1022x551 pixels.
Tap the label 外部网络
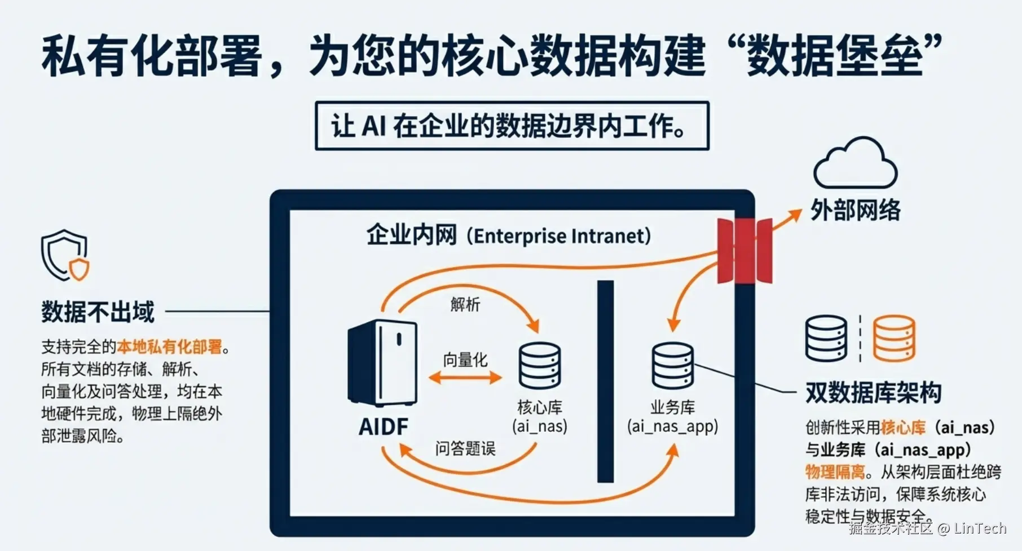click(855, 211)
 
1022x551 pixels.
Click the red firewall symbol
click(744, 251)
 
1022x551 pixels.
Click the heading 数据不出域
click(98, 312)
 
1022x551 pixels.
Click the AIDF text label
click(384, 427)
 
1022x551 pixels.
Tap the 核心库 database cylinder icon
click(539, 365)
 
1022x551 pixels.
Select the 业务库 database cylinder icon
click(672, 365)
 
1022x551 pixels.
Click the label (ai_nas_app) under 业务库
click(672, 426)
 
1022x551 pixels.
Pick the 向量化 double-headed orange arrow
click(465, 377)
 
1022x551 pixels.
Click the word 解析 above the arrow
click(465, 305)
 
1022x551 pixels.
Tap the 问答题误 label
click(465, 449)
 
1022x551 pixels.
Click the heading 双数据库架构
click(873, 392)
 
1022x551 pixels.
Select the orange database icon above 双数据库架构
click(894, 338)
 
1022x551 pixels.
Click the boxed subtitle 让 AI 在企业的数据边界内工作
click(512, 125)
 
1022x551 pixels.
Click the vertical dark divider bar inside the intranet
click(605, 381)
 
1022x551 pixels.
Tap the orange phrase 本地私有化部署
click(169, 347)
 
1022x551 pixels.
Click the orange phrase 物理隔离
click(835, 472)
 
